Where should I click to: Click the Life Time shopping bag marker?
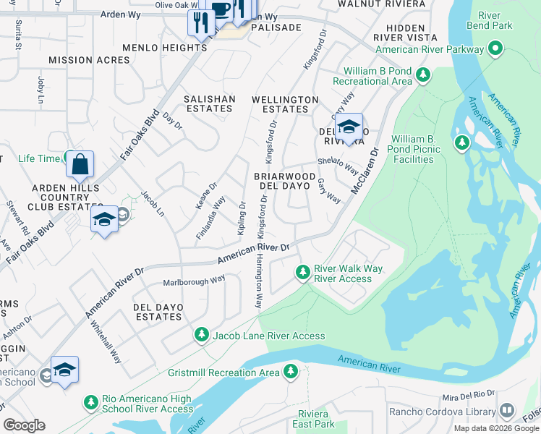[x=80, y=164]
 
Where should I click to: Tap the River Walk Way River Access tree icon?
[x=303, y=273]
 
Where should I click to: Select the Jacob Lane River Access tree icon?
[x=201, y=335]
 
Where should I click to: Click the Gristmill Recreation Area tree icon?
[x=290, y=372]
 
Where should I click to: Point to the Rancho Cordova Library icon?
[x=506, y=411]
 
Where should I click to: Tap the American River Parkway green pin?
[x=495, y=49]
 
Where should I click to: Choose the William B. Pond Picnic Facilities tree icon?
[x=461, y=143]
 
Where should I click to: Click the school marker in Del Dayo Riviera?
[x=349, y=128]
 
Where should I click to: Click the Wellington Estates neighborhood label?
[x=285, y=104]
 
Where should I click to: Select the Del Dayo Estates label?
[x=157, y=312]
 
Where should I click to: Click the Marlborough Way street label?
[x=194, y=281]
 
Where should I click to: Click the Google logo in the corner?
[x=24, y=425]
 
